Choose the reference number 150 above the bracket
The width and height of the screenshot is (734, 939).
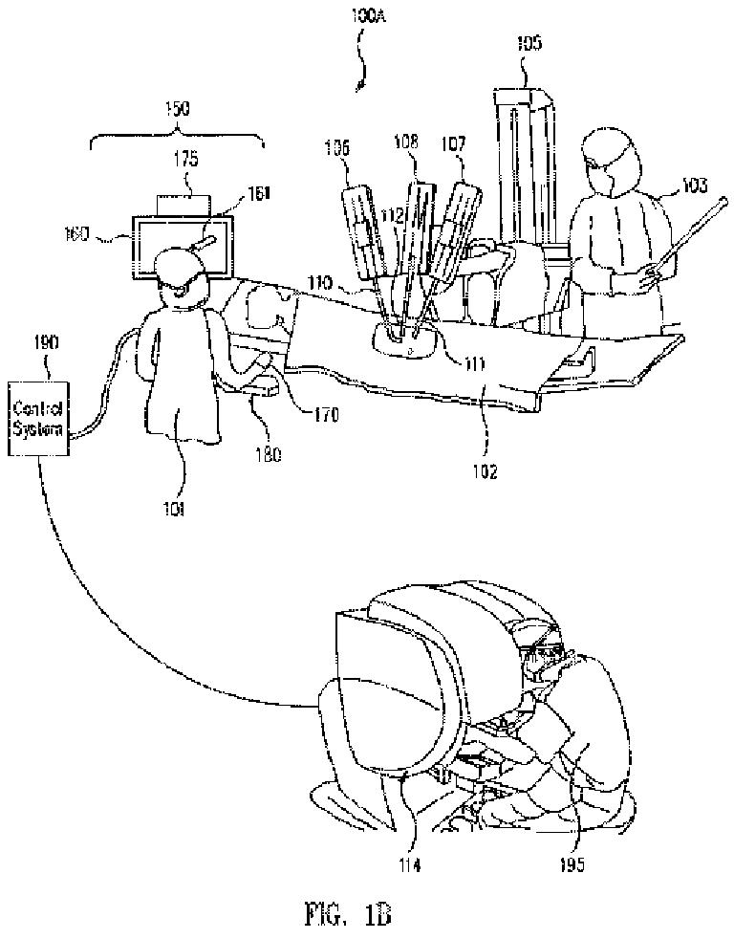(177, 110)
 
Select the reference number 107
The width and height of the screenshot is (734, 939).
(454, 144)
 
